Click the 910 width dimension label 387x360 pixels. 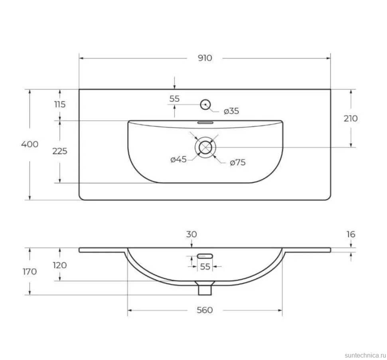point(205,58)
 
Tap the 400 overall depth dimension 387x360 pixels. point(30,144)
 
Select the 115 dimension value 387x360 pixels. point(60,105)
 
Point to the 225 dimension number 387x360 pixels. point(60,151)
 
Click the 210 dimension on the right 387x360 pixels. point(351,119)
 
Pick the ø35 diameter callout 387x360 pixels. point(231,111)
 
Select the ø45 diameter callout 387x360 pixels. point(178,159)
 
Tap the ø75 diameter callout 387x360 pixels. point(238,162)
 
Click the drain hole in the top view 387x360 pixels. point(205,142)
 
